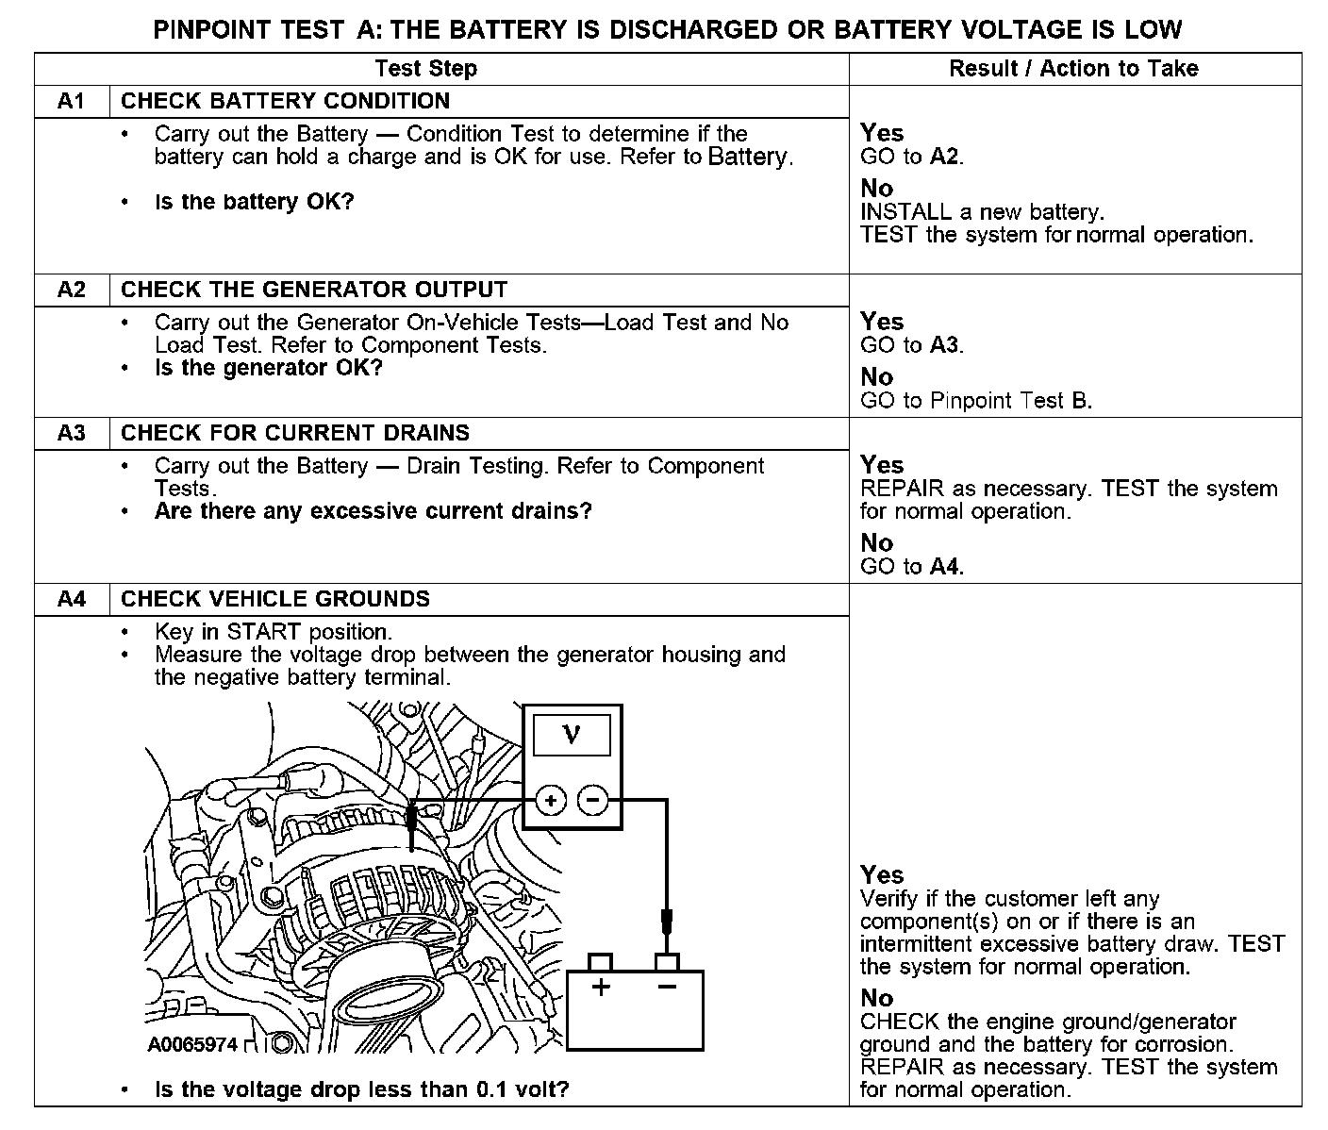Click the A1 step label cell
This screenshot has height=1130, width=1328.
point(72,101)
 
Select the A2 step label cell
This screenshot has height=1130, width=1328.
point(72,290)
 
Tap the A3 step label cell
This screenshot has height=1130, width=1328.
point(72,433)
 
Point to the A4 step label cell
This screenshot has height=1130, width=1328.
point(72,599)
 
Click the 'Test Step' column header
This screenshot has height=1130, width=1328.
point(425,69)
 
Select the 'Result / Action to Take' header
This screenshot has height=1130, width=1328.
point(1073,69)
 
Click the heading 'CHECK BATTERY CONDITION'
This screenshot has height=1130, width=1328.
point(285,101)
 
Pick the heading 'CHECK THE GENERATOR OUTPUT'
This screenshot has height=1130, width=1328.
point(314,290)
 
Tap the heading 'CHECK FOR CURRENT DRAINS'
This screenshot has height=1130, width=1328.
point(295,433)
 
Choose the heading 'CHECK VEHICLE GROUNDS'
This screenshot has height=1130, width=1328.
point(275,599)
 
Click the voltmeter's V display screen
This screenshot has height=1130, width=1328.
point(572,735)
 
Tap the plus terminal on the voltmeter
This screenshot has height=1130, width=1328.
point(551,801)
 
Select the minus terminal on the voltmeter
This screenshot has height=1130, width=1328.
point(592,801)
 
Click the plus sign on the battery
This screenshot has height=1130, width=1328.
point(601,988)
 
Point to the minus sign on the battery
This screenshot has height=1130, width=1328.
point(667,988)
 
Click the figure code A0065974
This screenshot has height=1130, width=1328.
point(192,1044)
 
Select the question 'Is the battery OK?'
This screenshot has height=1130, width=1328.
point(254,202)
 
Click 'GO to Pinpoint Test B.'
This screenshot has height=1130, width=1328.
point(975,401)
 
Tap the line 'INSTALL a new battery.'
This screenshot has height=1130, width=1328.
point(981,212)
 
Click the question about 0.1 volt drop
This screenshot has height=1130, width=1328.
point(361,1090)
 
